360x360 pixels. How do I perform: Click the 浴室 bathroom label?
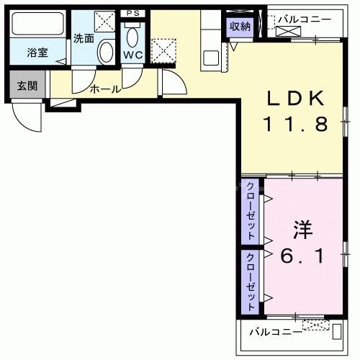[x=37, y=53]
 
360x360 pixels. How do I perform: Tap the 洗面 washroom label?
[x=84, y=39]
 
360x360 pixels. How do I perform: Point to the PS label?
[x=132, y=14]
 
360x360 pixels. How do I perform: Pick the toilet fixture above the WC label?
[x=132, y=35]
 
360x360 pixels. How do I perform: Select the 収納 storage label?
[x=240, y=27]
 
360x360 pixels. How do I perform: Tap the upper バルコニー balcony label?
[x=305, y=18]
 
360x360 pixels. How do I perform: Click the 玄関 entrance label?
[x=27, y=86]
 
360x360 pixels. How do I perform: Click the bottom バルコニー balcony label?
[x=275, y=333]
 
